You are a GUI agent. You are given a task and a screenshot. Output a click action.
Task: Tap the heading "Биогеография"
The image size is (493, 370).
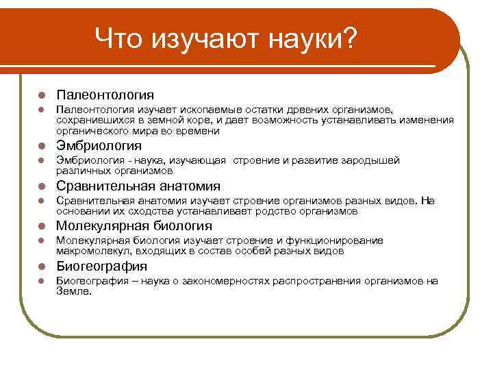click(101, 266)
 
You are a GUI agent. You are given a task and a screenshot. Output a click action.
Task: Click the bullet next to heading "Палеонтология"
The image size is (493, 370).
click(41, 95)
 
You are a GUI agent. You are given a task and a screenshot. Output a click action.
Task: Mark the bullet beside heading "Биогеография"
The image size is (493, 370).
click(41, 266)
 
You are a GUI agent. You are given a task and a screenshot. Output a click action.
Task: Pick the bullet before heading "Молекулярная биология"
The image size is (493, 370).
click(41, 226)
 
